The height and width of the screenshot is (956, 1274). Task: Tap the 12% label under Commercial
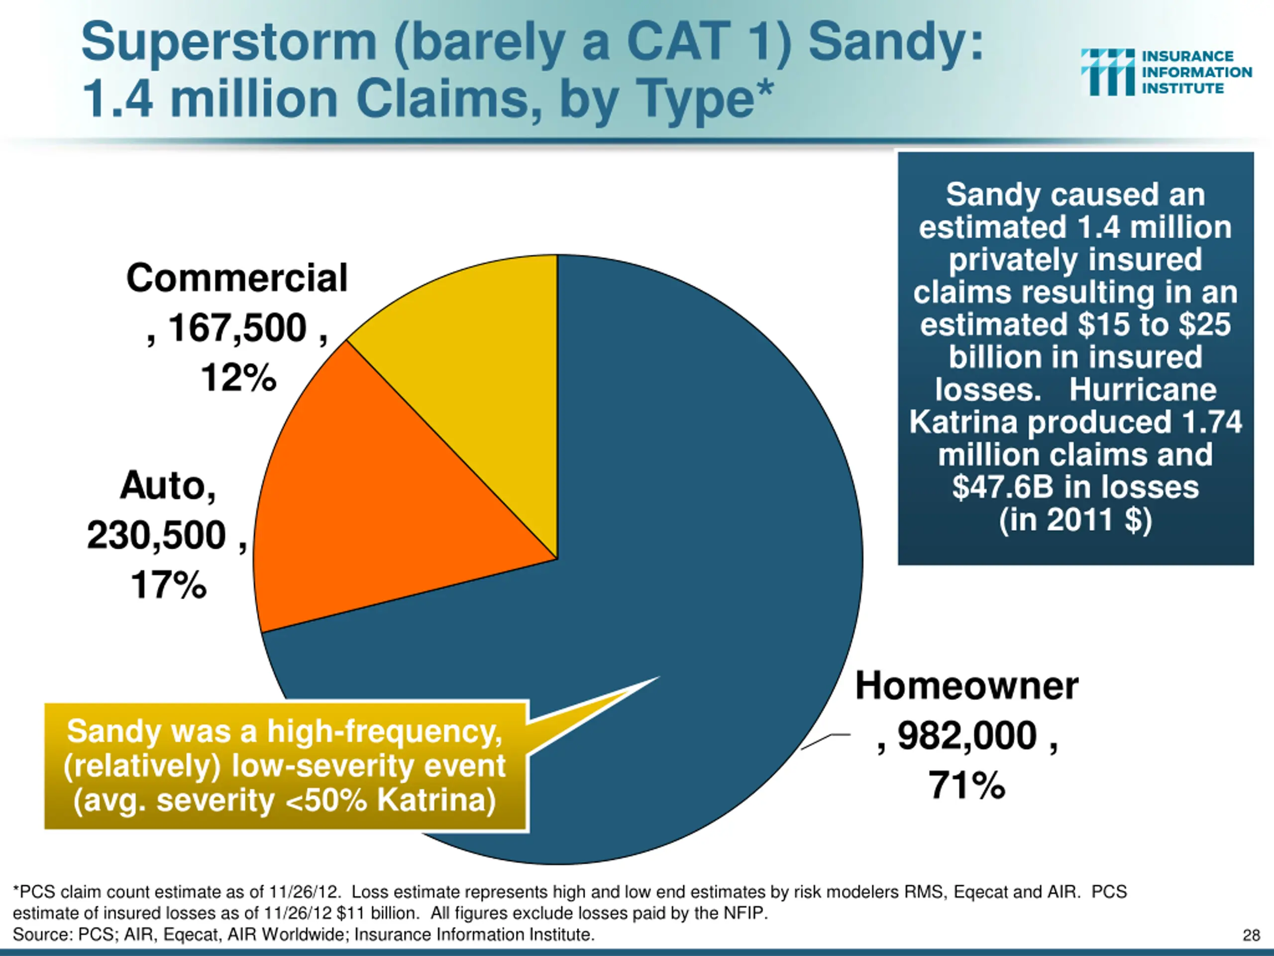click(x=238, y=378)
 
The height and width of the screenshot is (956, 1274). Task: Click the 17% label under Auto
click(x=169, y=585)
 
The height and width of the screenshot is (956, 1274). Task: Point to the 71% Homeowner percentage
click(x=966, y=785)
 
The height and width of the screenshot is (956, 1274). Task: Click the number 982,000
click(x=967, y=736)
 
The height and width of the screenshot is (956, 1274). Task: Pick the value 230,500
click(x=157, y=535)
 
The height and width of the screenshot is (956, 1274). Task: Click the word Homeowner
click(x=966, y=686)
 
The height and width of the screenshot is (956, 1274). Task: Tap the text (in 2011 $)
click(x=1075, y=520)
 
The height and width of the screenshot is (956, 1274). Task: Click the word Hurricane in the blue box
click(x=1143, y=389)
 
